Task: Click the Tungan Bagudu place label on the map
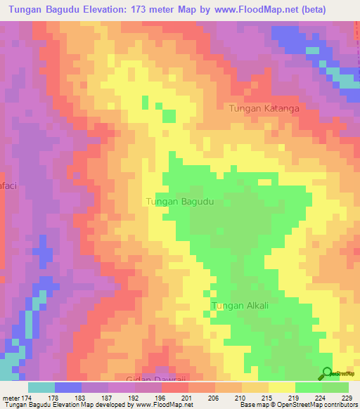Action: [179, 202]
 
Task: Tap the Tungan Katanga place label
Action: [264, 109]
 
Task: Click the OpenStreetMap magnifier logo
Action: [328, 373]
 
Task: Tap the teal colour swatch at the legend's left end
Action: [41, 387]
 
